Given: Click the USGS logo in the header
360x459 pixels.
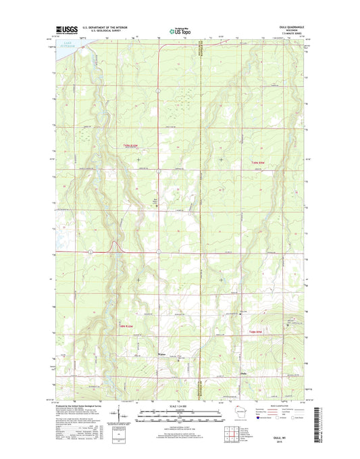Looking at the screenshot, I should point(64,30).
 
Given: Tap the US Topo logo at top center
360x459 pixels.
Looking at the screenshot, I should point(179,30).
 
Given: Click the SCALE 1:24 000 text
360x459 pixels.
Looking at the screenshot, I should point(179,406).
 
